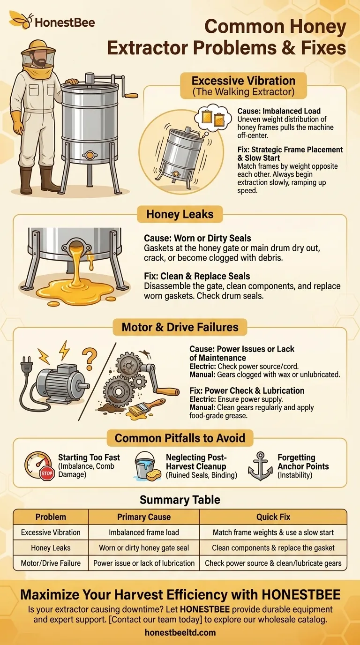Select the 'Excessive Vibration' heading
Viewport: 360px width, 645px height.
pos(243,80)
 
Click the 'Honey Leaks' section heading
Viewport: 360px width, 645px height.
pos(180,215)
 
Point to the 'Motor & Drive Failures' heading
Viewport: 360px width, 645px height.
pos(180,327)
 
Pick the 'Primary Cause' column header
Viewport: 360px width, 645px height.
pos(144,517)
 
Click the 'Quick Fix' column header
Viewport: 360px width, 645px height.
pos(273,517)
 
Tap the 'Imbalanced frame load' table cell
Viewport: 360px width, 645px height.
pos(144,532)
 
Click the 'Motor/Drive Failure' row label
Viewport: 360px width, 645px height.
pos(50,563)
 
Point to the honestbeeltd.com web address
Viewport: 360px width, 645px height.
pos(180,632)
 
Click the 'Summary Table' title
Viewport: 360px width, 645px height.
pos(180,500)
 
